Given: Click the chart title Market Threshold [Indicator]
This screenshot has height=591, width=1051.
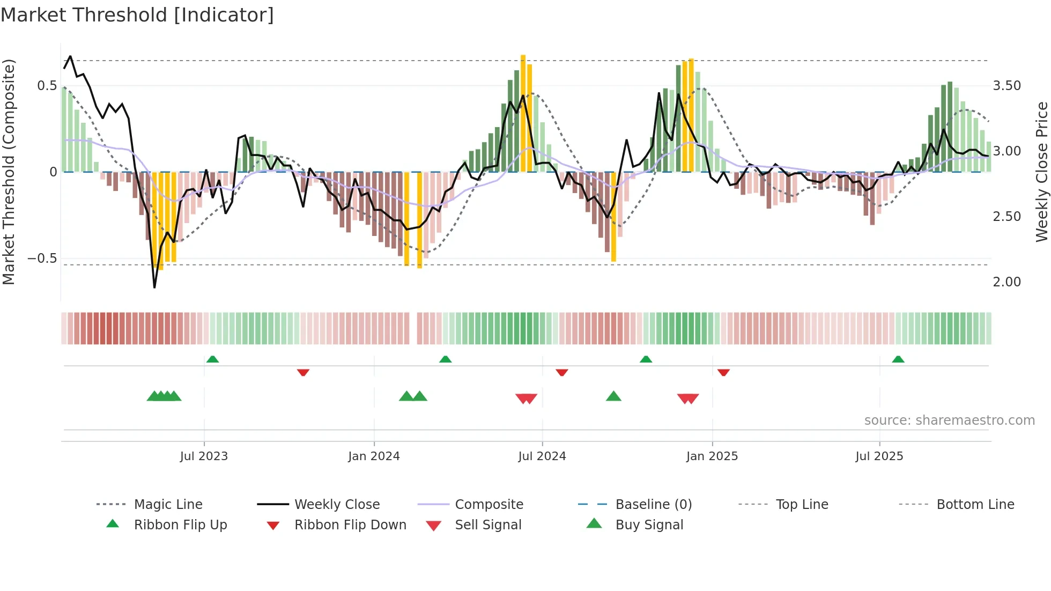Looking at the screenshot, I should pyautogui.click(x=137, y=15).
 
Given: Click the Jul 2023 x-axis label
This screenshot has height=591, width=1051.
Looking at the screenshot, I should pyautogui.click(x=204, y=456).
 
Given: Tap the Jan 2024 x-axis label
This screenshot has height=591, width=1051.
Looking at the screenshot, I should pyautogui.click(x=374, y=456).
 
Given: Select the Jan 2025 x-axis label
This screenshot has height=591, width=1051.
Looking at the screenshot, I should pyautogui.click(x=712, y=456).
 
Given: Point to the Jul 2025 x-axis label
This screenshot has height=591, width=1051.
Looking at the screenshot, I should pyautogui.click(x=879, y=456).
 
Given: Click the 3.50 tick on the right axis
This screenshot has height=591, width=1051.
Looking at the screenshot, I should pyautogui.click(x=1006, y=86).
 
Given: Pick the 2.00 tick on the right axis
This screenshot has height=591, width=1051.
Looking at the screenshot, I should pyautogui.click(x=1006, y=282).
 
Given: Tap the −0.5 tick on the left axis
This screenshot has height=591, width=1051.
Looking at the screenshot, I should pyautogui.click(x=42, y=258).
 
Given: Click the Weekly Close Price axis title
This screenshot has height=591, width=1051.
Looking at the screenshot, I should pyautogui.click(x=1041, y=172).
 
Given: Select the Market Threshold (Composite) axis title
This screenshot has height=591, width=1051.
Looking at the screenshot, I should pyautogui.click(x=9, y=172).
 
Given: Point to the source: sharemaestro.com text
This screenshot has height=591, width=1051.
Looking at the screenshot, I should pyautogui.click(x=949, y=420).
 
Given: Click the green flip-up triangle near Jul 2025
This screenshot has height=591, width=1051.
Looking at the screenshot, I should pyautogui.click(x=898, y=359).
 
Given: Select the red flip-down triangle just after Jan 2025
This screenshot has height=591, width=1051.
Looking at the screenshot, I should pyautogui.click(x=723, y=372).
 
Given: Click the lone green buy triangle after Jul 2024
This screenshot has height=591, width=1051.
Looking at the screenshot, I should pyautogui.click(x=613, y=396).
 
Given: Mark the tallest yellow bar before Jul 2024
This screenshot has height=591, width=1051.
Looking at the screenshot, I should pyautogui.click(x=523, y=113).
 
